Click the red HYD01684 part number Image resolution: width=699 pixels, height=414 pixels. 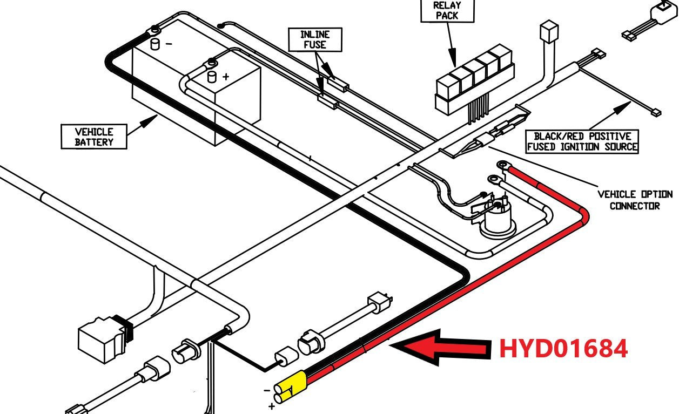click(x=563, y=348)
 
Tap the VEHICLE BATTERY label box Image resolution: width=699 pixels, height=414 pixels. click(x=94, y=137)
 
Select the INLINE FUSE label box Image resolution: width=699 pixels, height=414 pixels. click(x=315, y=40)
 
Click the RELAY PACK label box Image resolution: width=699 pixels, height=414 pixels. click(x=447, y=11)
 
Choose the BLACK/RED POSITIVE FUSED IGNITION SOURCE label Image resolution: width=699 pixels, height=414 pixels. click(x=582, y=141)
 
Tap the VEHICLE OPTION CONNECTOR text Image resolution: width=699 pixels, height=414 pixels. click(x=635, y=200)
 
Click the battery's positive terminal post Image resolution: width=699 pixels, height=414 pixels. click(x=212, y=76)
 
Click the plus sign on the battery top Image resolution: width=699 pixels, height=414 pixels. click(x=225, y=77)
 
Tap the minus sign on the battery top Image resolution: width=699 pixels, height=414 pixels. click(x=169, y=44)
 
